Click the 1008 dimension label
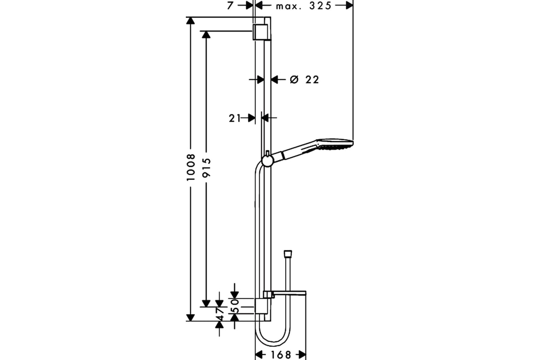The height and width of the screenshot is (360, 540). pos(191,167)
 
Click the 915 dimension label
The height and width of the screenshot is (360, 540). pos(207,167)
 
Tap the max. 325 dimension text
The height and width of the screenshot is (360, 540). pos(303,6)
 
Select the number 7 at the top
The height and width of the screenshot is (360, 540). pos(230,5)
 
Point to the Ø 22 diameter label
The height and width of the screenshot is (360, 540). pos(304,80)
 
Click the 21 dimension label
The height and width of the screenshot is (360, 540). pos(234,118)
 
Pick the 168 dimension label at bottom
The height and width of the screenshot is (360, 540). pos(281,355)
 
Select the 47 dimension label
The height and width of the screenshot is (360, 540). pos(220,314)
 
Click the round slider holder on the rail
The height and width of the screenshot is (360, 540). pos(267,161)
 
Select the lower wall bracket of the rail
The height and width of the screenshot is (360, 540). pos(261,306)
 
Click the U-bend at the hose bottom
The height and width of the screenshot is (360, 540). pos(273,337)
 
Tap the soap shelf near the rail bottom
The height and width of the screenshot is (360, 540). pos(285,294)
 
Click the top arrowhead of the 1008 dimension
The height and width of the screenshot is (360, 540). pos(190,21)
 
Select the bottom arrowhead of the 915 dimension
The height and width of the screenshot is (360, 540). pos(206,303)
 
